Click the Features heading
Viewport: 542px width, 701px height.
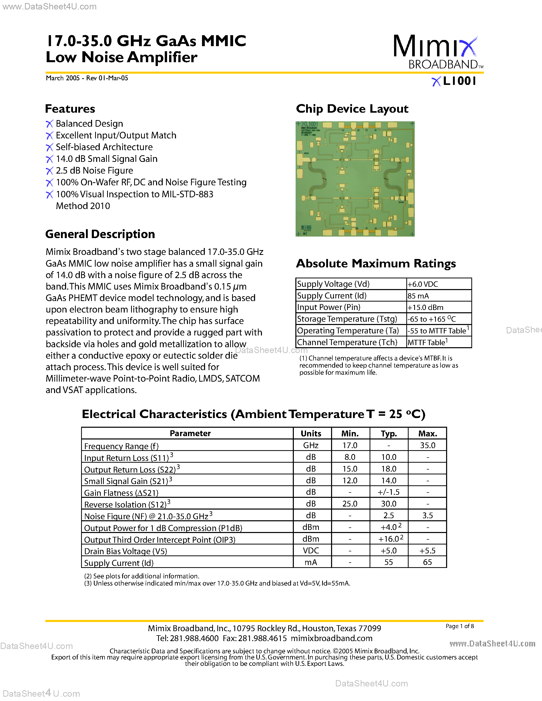(x=70, y=109)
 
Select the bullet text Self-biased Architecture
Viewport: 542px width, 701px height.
(x=104, y=147)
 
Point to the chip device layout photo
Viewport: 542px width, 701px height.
(x=355, y=179)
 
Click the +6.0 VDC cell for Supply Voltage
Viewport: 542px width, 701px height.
(x=423, y=284)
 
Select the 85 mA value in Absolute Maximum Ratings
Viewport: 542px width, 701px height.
(x=418, y=296)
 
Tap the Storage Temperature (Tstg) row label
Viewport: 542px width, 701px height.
(x=347, y=319)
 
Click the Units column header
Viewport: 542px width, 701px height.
(x=311, y=434)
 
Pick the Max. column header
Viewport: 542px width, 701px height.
(x=427, y=434)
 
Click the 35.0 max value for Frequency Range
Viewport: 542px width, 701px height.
(x=427, y=446)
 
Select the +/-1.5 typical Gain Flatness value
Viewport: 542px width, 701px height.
(x=388, y=492)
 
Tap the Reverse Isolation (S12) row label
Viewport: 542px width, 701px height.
(x=125, y=504)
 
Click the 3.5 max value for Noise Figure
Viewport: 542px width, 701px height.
(x=427, y=515)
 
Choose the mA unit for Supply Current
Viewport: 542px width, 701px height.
(x=311, y=562)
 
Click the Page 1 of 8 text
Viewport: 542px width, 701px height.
(x=459, y=626)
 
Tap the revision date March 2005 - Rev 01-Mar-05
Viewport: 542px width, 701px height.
(x=87, y=78)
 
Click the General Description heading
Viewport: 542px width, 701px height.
(x=100, y=234)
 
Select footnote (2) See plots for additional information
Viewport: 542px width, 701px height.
(x=142, y=576)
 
